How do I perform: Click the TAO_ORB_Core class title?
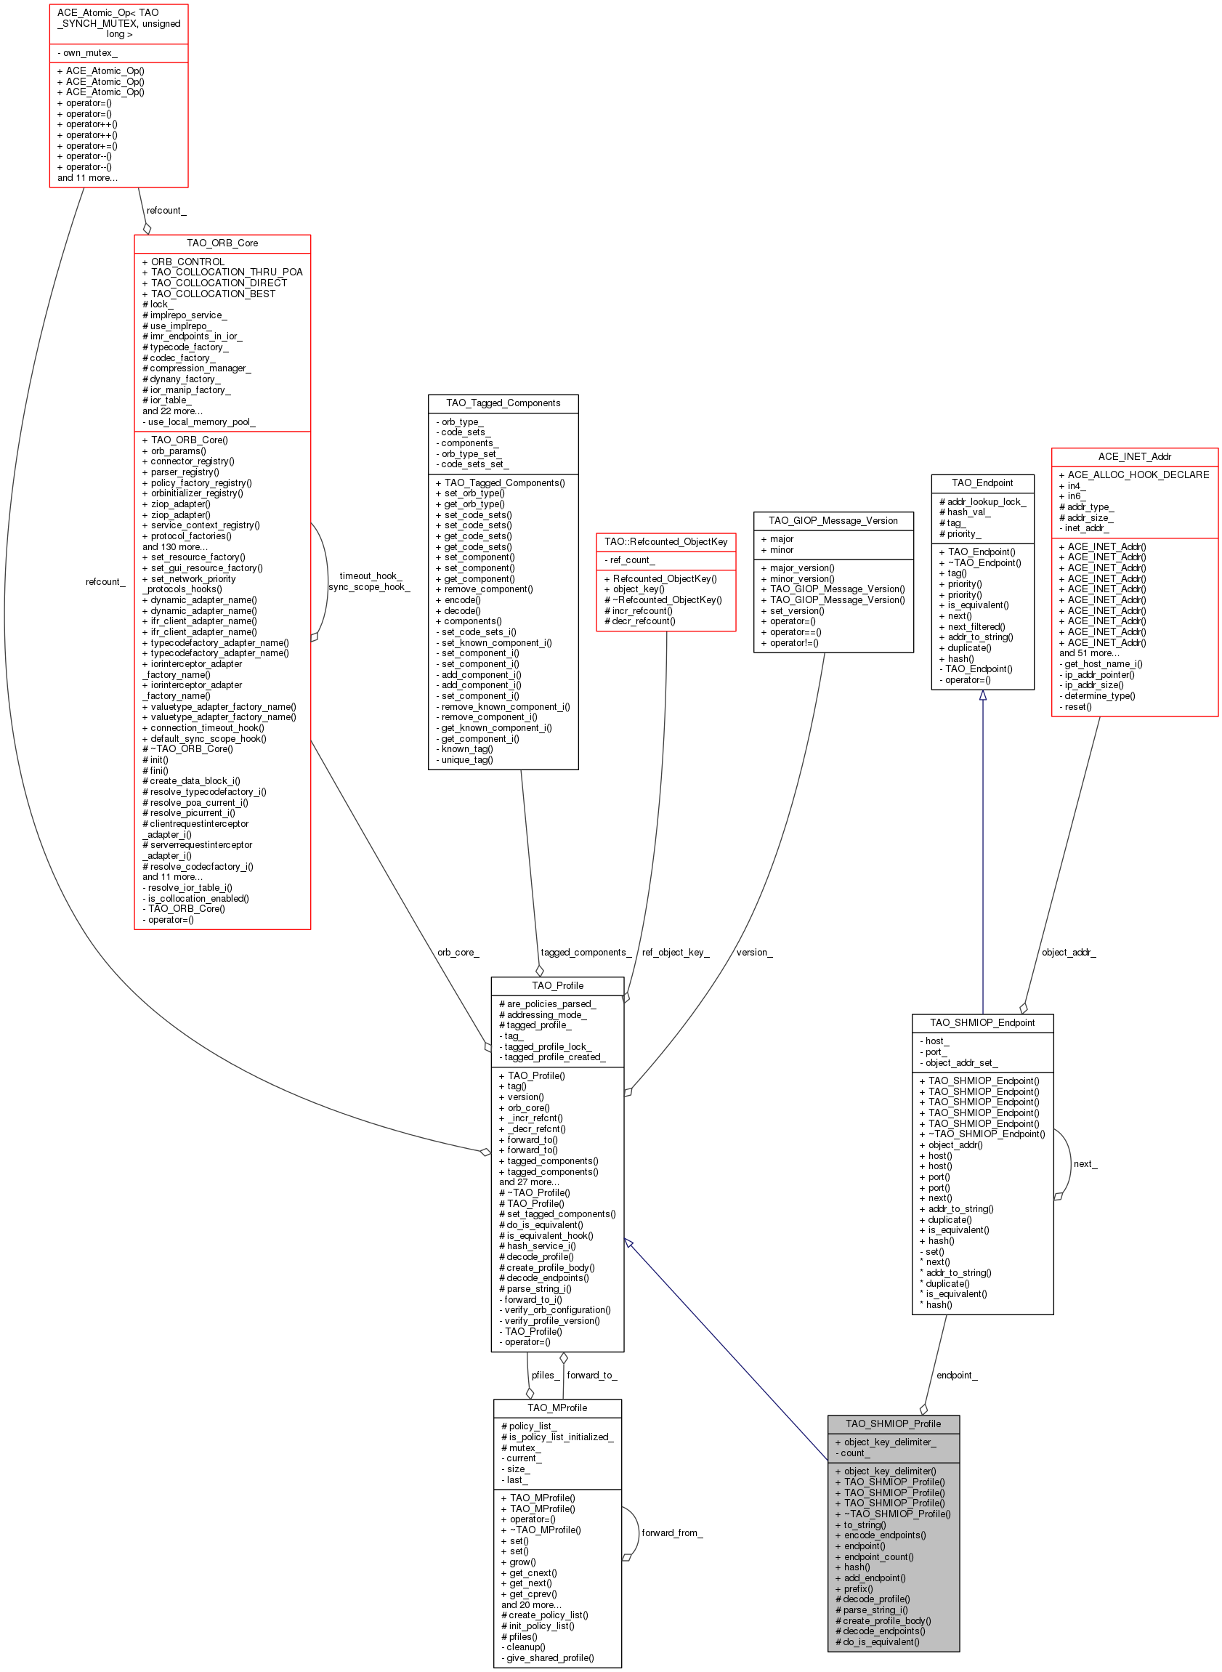[x=222, y=243]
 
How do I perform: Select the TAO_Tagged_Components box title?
[x=503, y=403]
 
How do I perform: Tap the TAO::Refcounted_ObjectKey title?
[x=665, y=541]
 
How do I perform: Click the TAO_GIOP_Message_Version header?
[x=833, y=521]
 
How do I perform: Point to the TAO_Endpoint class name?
[x=982, y=483]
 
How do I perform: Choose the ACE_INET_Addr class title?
[x=1134, y=456]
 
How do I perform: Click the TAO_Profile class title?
[x=557, y=986]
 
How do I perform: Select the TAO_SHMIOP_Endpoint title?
[x=982, y=1023]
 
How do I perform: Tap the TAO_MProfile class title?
[x=557, y=1408]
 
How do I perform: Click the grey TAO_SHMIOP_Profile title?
[x=893, y=1424]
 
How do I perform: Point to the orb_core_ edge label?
[x=458, y=953]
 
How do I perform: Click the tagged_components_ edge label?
[x=586, y=953]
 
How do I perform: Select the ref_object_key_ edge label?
[x=676, y=953]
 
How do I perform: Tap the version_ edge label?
[x=755, y=953]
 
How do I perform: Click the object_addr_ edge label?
[x=1069, y=953]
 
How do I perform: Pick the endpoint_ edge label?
[x=957, y=1376]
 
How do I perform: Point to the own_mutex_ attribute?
[x=87, y=53]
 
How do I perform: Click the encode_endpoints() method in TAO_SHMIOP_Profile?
[x=881, y=1535]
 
